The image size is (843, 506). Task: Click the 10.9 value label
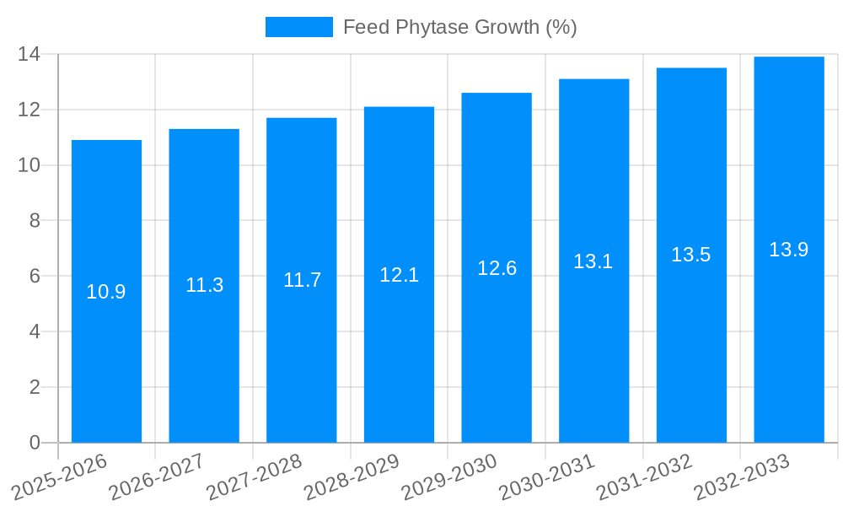point(106,292)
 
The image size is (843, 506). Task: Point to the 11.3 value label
point(204,285)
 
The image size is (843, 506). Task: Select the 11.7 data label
point(302,280)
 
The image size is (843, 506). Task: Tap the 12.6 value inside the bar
point(497,268)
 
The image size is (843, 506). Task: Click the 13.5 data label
point(691,255)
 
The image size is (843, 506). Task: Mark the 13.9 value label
point(788,250)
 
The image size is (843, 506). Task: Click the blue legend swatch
point(298,27)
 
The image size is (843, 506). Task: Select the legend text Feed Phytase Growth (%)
point(459,27)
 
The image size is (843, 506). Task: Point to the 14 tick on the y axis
point(30,55)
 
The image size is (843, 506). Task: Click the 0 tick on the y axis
point(35,443)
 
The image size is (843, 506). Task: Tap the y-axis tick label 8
point(35,221)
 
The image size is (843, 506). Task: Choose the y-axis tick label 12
point(30,110)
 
